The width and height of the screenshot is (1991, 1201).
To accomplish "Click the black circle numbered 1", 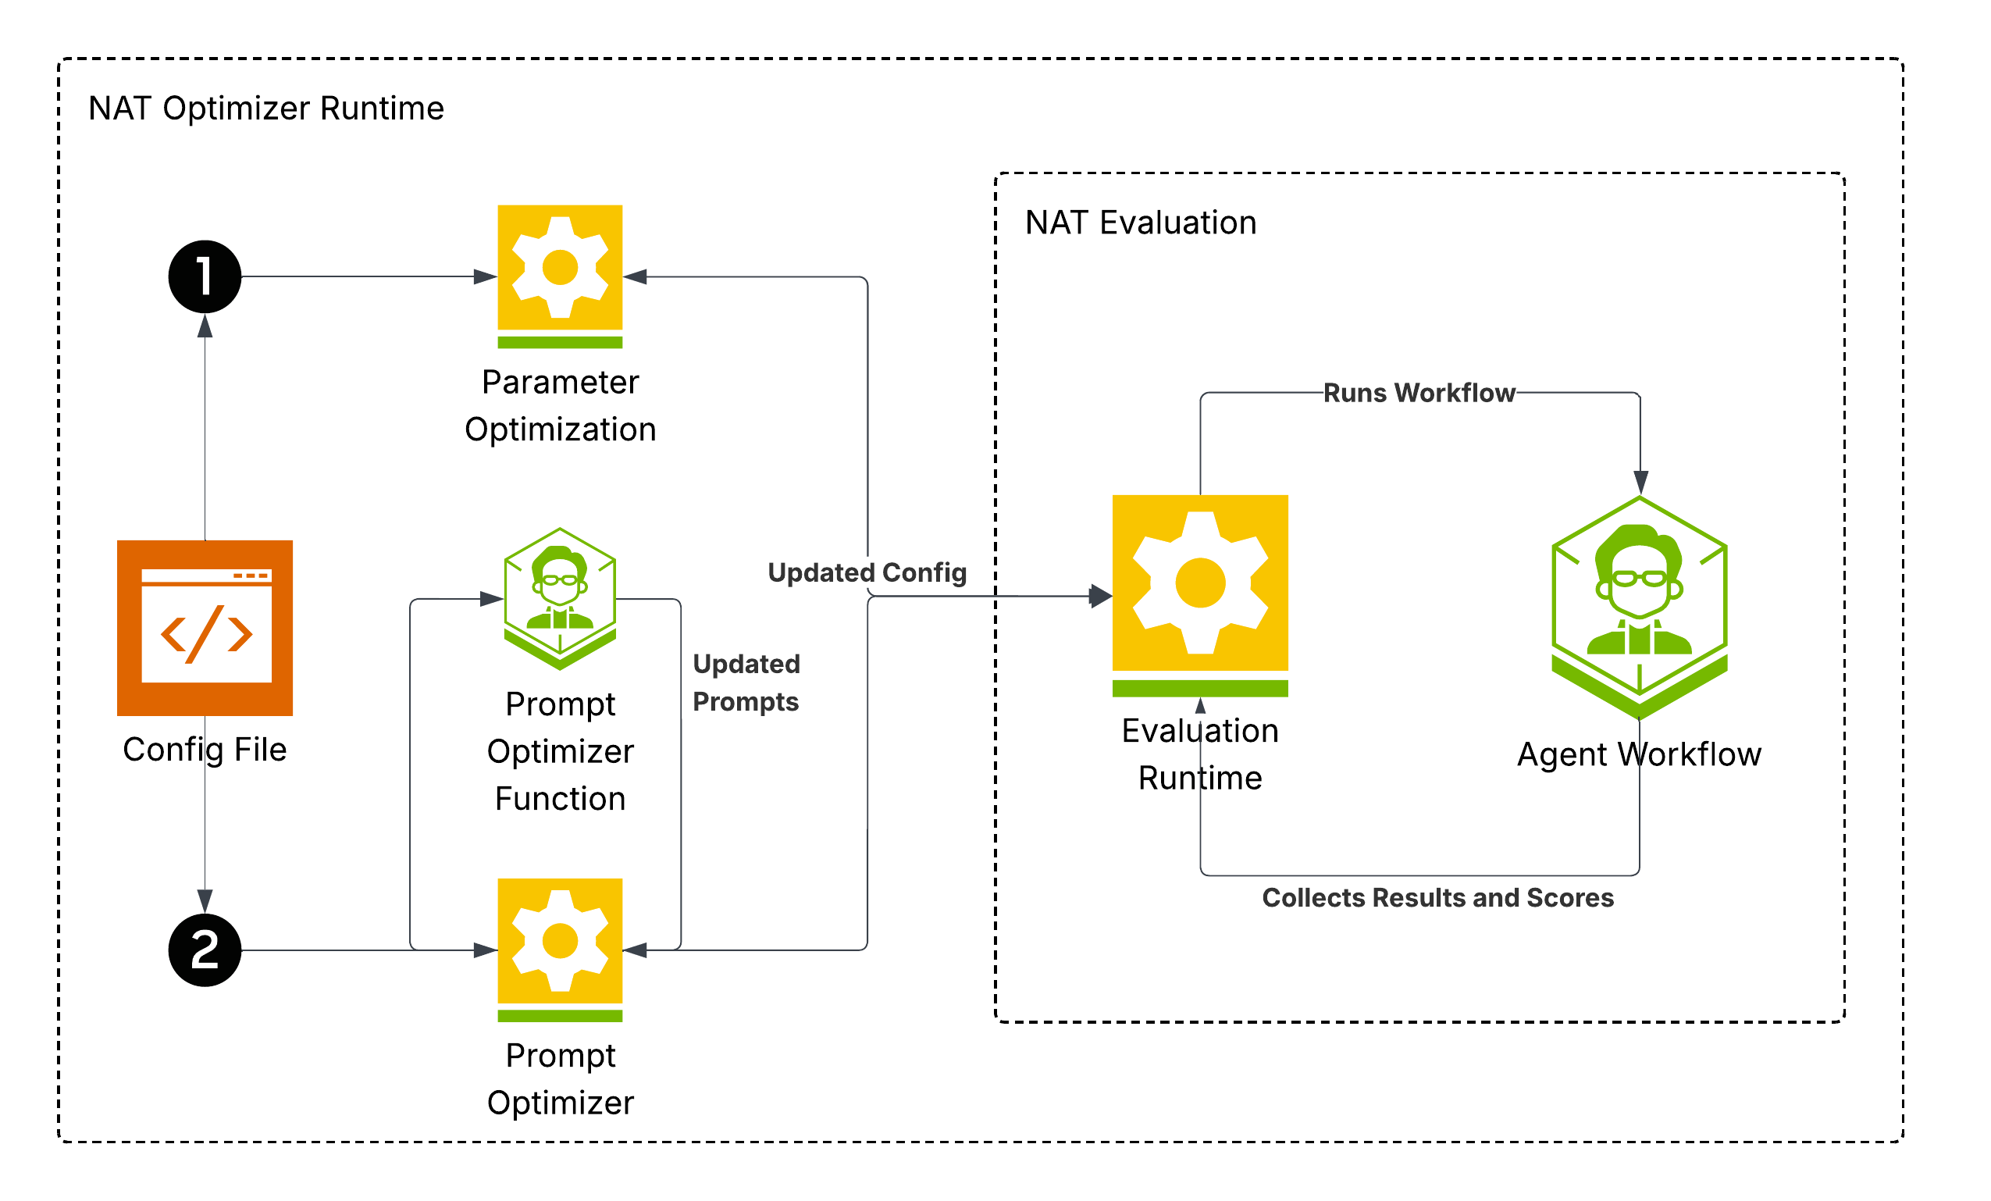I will pyautogui.click(x=205, y=277).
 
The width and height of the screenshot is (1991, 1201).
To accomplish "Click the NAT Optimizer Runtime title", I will pyautogui.click(x=267, y=109).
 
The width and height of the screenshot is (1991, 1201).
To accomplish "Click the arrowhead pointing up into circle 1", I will pyautogui.click(x=205, y=326).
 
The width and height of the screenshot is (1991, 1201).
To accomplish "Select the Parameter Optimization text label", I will pyautogui.click(x=561, y=406).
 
